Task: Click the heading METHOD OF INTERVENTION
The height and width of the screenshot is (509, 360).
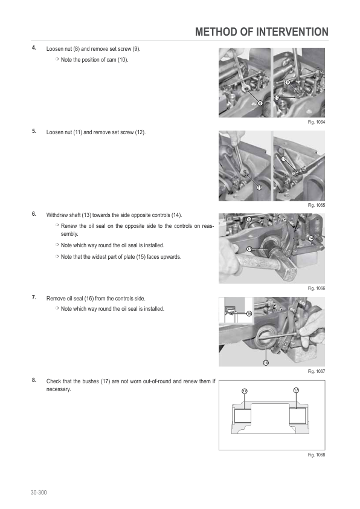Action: [262, 32]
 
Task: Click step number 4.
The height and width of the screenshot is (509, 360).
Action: [34, 48]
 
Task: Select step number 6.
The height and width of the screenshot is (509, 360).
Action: [34, 214]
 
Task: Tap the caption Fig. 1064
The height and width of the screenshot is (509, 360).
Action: [317, 122]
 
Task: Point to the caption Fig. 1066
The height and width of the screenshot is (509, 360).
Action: [317, 288]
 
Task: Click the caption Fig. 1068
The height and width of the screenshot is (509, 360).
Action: [317, 455]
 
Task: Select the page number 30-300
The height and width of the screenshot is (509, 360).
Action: [39, 493]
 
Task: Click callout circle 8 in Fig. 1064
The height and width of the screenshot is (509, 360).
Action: [260, 103]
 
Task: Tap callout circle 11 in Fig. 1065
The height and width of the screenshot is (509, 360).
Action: [260, 187]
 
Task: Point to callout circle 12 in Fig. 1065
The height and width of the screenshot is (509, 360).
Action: [284, 159]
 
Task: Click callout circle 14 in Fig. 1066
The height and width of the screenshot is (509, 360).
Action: [311, 238]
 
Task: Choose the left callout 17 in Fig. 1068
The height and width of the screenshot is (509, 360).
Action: [245, 391]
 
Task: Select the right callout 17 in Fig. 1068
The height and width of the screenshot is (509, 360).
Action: [296, 390]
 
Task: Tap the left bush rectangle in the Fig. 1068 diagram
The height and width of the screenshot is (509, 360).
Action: [243, 416]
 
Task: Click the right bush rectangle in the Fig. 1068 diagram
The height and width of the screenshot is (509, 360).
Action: [298, 416]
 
